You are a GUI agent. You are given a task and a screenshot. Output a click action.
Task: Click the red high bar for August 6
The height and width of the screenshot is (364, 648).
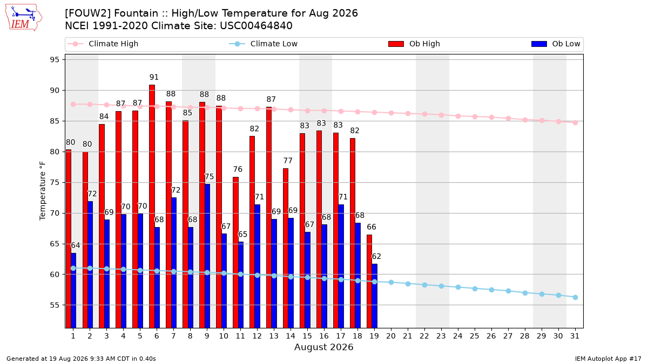(x=152, y=206)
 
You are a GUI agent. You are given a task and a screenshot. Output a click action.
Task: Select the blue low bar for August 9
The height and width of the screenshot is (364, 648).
(x=207, y=256)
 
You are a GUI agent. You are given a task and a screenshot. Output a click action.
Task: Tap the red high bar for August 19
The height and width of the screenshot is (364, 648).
(x=369, y=281)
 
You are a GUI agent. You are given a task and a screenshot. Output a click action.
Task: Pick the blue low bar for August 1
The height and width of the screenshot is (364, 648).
(x=73, y=290)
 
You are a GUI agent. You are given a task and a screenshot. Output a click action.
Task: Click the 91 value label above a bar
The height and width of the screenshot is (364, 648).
(x=154, y=77)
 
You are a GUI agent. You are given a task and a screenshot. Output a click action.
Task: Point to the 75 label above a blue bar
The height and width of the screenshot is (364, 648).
(x=209, y=176)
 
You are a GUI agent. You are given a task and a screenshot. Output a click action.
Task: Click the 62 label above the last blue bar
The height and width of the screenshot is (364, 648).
(x=376, y=256)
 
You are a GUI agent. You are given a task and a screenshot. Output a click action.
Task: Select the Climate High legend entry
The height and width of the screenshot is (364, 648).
(x=103, y=44)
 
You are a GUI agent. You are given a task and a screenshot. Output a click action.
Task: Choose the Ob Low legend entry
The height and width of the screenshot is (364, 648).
(x=556, y=44)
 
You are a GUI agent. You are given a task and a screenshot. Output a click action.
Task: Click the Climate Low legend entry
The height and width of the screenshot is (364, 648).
(x=264, y=44)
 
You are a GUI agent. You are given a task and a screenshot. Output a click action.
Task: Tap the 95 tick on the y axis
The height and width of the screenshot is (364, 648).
(x=55, y=60)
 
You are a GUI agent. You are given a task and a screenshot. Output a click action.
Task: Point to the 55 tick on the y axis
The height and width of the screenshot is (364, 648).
(x=55, y=305)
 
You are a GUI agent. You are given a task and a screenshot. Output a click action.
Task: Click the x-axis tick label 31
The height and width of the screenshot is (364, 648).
(x=575, y=336)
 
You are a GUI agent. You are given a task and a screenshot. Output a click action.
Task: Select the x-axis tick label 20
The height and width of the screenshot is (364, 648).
(x=391, y=336)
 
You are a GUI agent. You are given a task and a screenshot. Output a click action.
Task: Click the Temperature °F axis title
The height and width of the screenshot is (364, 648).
(x=43, y=191)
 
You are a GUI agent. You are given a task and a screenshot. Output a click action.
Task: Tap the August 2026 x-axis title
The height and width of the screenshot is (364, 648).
(x=323, y=347)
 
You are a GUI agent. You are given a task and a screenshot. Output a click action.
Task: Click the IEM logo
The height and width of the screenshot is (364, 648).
(x=23, y=18)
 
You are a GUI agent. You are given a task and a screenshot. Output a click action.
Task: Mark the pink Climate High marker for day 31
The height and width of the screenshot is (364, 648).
(x=575, y=123)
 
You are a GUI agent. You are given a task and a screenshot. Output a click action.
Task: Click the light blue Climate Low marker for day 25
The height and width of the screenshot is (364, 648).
(x=475, y=289)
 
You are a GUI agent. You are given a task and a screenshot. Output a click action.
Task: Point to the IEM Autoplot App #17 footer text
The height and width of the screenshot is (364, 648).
(x=608, y=359)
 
